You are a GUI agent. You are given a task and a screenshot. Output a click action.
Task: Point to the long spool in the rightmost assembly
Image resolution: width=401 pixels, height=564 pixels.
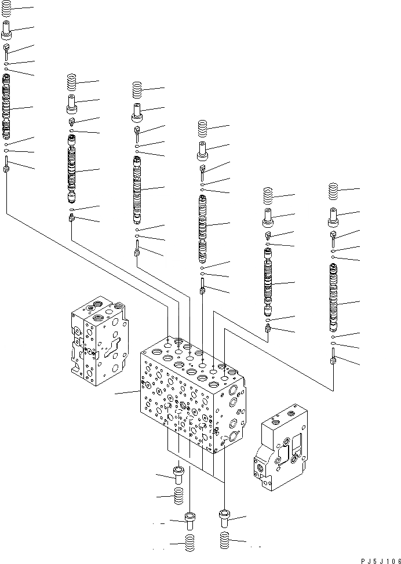click(x=333, y=296)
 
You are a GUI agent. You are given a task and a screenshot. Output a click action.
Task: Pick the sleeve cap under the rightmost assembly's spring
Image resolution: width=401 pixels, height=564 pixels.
click(x=333, y=216)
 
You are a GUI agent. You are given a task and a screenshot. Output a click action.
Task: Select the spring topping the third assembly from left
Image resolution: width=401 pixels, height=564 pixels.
click(x=137, y=89)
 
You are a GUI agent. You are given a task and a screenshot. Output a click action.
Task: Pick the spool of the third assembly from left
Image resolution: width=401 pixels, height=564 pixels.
click(x=137, y=188)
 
